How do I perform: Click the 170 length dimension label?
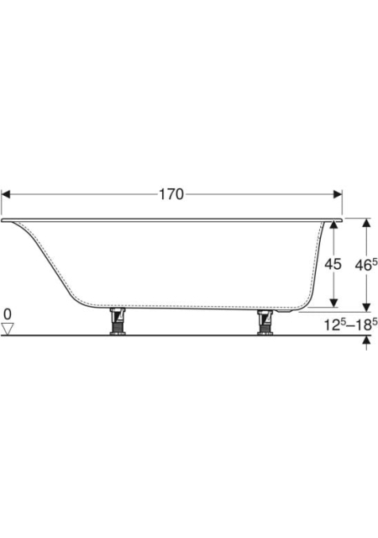pyautogui.click(x=171, y=194)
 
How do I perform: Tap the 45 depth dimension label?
pyautogui.click(x=333, y=264)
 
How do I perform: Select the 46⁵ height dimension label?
pyautogui.click(x=366, y=265)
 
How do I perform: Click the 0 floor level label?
pyautogui.click(x=8, y=314)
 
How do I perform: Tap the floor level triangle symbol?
pyautogui.click(x=8, y=329)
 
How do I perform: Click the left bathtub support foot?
pyautogui.click(x=118, y=321)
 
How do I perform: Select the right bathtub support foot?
pyautogui.click(x=265, y=321)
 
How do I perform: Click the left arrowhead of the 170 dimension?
pyautogui.click(x=6, y=194)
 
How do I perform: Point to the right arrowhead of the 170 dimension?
pyautogui.click(x=338, y=194)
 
